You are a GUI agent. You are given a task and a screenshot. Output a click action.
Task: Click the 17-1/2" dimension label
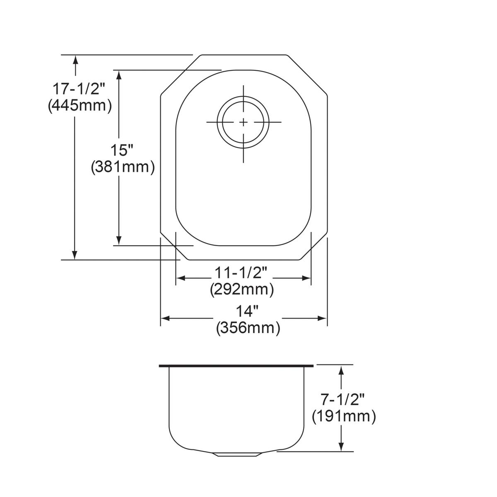(x=79, y=89)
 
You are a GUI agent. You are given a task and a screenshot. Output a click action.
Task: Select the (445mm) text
(x=80, y=106)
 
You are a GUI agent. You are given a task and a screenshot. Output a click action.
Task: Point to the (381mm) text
(x=123, y=167)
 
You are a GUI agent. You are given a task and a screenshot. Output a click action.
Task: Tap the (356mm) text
(x=248, y=328)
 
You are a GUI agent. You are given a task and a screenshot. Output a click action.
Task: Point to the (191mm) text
(x=344, y=416)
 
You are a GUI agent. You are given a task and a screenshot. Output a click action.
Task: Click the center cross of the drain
(x=244, y=122)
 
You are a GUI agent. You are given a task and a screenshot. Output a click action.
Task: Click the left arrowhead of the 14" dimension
(x=165, y=318)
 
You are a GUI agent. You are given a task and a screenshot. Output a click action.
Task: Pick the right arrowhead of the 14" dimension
(x=322, y=318)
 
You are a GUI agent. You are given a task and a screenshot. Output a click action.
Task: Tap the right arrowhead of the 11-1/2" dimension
(x=306, y=278)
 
